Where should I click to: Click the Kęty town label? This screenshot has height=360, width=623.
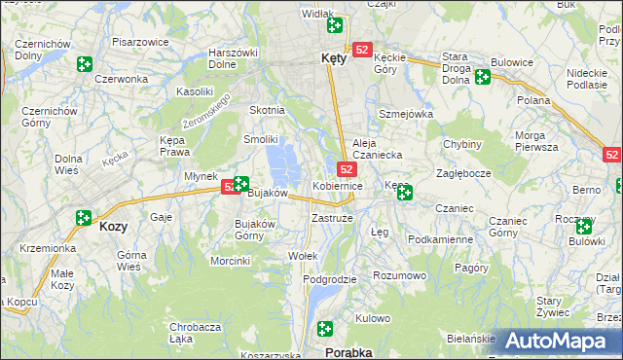[x=333, y=58]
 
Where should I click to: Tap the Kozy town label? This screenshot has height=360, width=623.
[x=113, y=226]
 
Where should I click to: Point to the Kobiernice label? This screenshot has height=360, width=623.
[x=338, y=185]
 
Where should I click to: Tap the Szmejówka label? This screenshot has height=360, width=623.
[x=406, y=114]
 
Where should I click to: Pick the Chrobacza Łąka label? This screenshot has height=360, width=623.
[x=194, y=333]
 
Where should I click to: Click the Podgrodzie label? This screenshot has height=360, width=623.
[x=330, y=279]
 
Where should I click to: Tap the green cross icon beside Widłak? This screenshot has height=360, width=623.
[x=335, y=25]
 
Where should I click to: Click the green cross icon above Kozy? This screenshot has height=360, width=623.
[x=83, y=219]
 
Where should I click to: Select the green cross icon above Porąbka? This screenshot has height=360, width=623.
[x=326, y=330]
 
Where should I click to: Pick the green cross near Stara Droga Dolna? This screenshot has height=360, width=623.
[x=482, y=76]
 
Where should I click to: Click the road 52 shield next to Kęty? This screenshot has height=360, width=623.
[x=362, y=50]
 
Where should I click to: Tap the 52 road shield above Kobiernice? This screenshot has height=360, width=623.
[x=348, y=169]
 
